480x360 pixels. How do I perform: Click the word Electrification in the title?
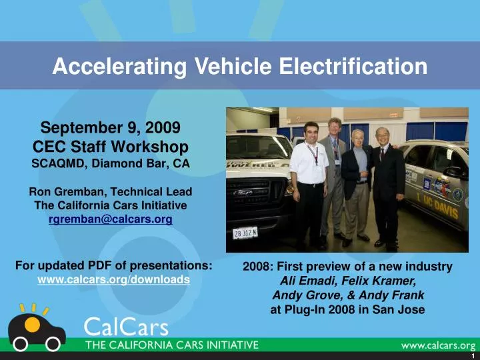[x=357, y=67]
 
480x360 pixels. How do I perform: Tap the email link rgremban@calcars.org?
[x=111, y=219]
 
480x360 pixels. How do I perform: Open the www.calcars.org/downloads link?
[x=113, y=279]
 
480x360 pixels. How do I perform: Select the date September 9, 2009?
[x=111, y=127]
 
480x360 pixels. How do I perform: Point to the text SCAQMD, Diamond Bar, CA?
[x=111, y=163]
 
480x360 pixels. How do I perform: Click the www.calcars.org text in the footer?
[x=437, y=345]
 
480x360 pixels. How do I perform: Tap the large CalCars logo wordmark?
[x=127, y=327]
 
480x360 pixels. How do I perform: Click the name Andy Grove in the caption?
[x=300, y=295]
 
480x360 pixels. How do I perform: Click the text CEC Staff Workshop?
[x=111, y=146]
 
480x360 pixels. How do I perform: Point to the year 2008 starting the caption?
[x=255, y=267]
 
